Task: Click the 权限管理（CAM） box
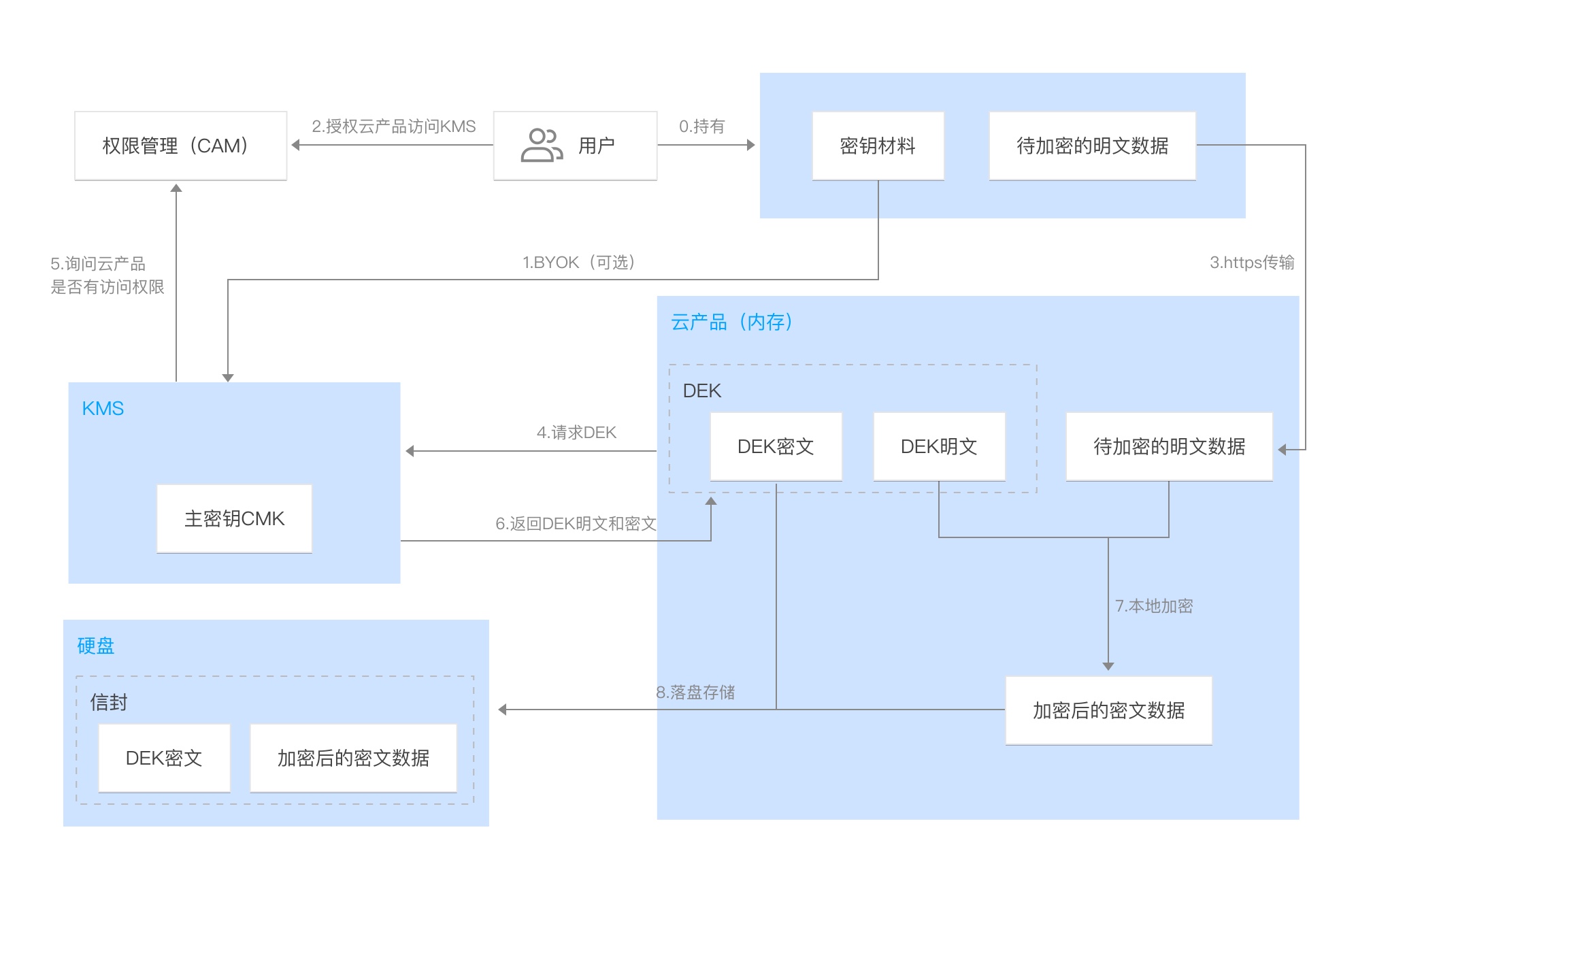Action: (180, 146)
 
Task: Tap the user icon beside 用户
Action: (541, 146)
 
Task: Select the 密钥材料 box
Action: (878, 146)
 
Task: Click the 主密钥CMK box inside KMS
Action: (234, 518)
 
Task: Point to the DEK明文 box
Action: (939, 446)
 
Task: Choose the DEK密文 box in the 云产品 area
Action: (776, 446)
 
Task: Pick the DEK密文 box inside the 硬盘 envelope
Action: (164, 758)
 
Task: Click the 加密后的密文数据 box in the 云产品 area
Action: (1108, 710)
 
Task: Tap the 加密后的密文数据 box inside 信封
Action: (353, 758)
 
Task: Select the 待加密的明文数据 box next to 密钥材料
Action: (1092, 146)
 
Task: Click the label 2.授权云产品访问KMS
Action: (393, 127)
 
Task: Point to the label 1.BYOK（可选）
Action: (578, 263)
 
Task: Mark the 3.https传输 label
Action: (1251, 263)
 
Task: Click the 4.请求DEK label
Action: (576, 433)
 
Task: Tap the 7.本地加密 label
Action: (1154, 606)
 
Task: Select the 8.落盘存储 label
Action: (695, 693)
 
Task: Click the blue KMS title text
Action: (103, 408)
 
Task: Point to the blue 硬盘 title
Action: (95, 646)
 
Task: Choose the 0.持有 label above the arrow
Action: (701, 127)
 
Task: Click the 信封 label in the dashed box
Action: (109, 702)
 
